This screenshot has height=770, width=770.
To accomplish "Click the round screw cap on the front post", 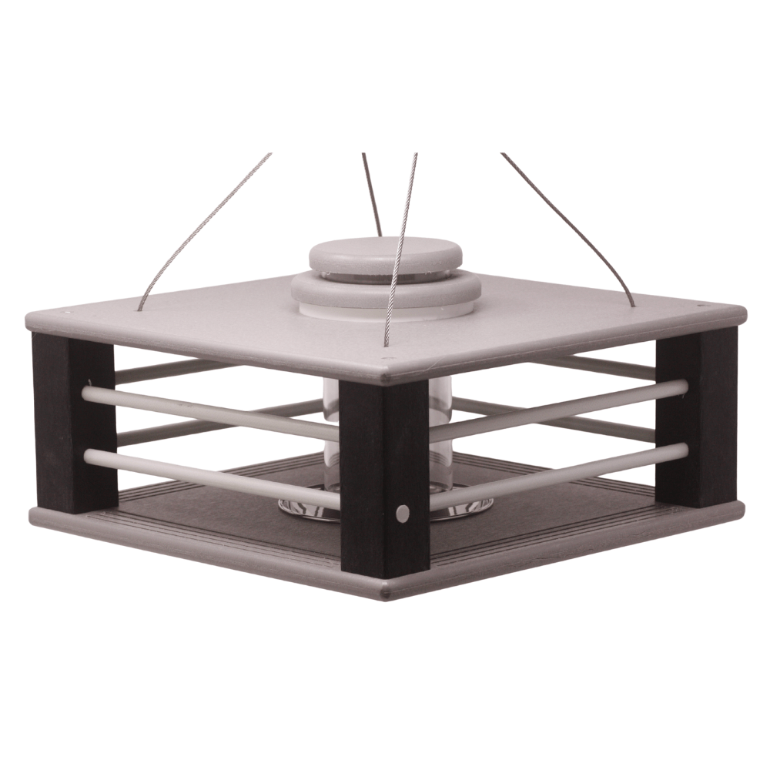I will pyautogui.click(x=402, y=512).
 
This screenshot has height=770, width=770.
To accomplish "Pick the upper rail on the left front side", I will pyautogui.click(x=208, y=408).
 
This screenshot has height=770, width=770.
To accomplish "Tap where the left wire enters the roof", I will pyautogui.click(x=140, y=310).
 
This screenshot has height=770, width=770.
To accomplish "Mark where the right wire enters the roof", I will pyautogui.click(x=634, y=306).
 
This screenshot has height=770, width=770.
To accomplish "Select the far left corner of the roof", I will pyautogui.click(x=29, y=318).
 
